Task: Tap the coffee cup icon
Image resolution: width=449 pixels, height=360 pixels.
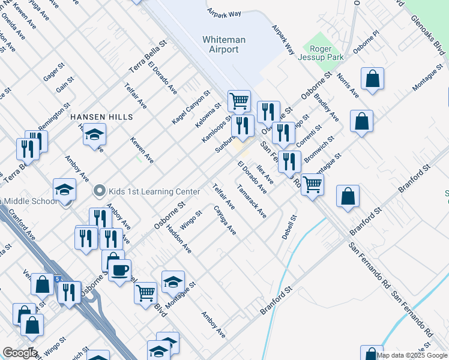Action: pos(119,270)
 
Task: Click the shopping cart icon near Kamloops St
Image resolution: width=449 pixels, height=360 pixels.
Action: pos(239,100)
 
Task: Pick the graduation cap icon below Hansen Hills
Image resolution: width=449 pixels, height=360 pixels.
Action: pos(94,134)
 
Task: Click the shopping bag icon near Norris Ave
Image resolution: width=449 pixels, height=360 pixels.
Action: pos(373,79)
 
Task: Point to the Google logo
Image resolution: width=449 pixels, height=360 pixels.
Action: pos(19,353)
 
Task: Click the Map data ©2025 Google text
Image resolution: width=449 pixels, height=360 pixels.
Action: pos(412,355)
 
